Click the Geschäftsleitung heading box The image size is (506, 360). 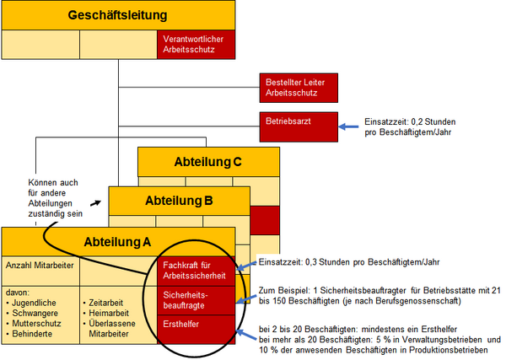click(x=118, y=16)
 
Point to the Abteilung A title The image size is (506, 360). click(x=118, y=242)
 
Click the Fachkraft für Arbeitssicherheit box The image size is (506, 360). click(x=196, y=272)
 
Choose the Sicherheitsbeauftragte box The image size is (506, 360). click(x=196, y=301)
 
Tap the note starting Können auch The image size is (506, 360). click(x=53, y=196)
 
